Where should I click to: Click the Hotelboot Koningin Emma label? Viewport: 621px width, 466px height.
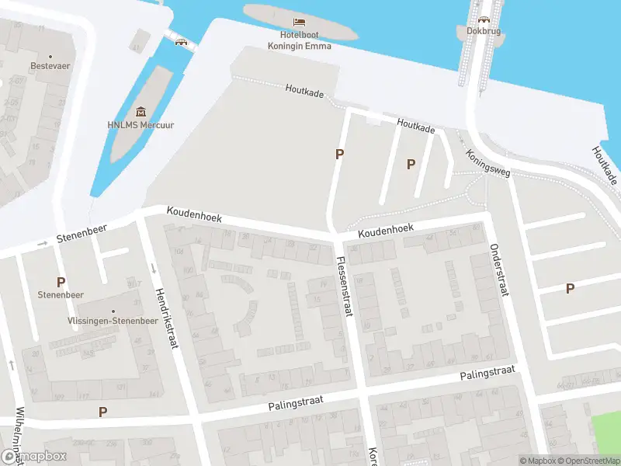(x=300, y=40)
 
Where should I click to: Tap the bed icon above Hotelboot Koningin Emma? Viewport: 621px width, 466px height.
(x=299, y=22)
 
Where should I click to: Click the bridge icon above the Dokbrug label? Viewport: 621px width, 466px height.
(x=484, y=20)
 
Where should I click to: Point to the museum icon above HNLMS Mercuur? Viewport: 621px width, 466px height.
(x=141, y=113)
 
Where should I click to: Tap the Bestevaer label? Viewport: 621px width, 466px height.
(x=50, y=66)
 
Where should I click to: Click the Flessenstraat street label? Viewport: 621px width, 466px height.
(x=344, y=287)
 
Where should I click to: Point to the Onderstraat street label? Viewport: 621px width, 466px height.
(x=498, y=270)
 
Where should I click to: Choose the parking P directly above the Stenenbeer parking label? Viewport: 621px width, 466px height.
(x=61, y=281)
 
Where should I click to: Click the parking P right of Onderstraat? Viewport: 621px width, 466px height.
(x=570, y=288)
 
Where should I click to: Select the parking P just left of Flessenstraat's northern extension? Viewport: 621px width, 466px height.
(x=339, y=154)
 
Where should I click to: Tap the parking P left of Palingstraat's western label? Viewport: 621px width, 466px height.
(x=102, y=412)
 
